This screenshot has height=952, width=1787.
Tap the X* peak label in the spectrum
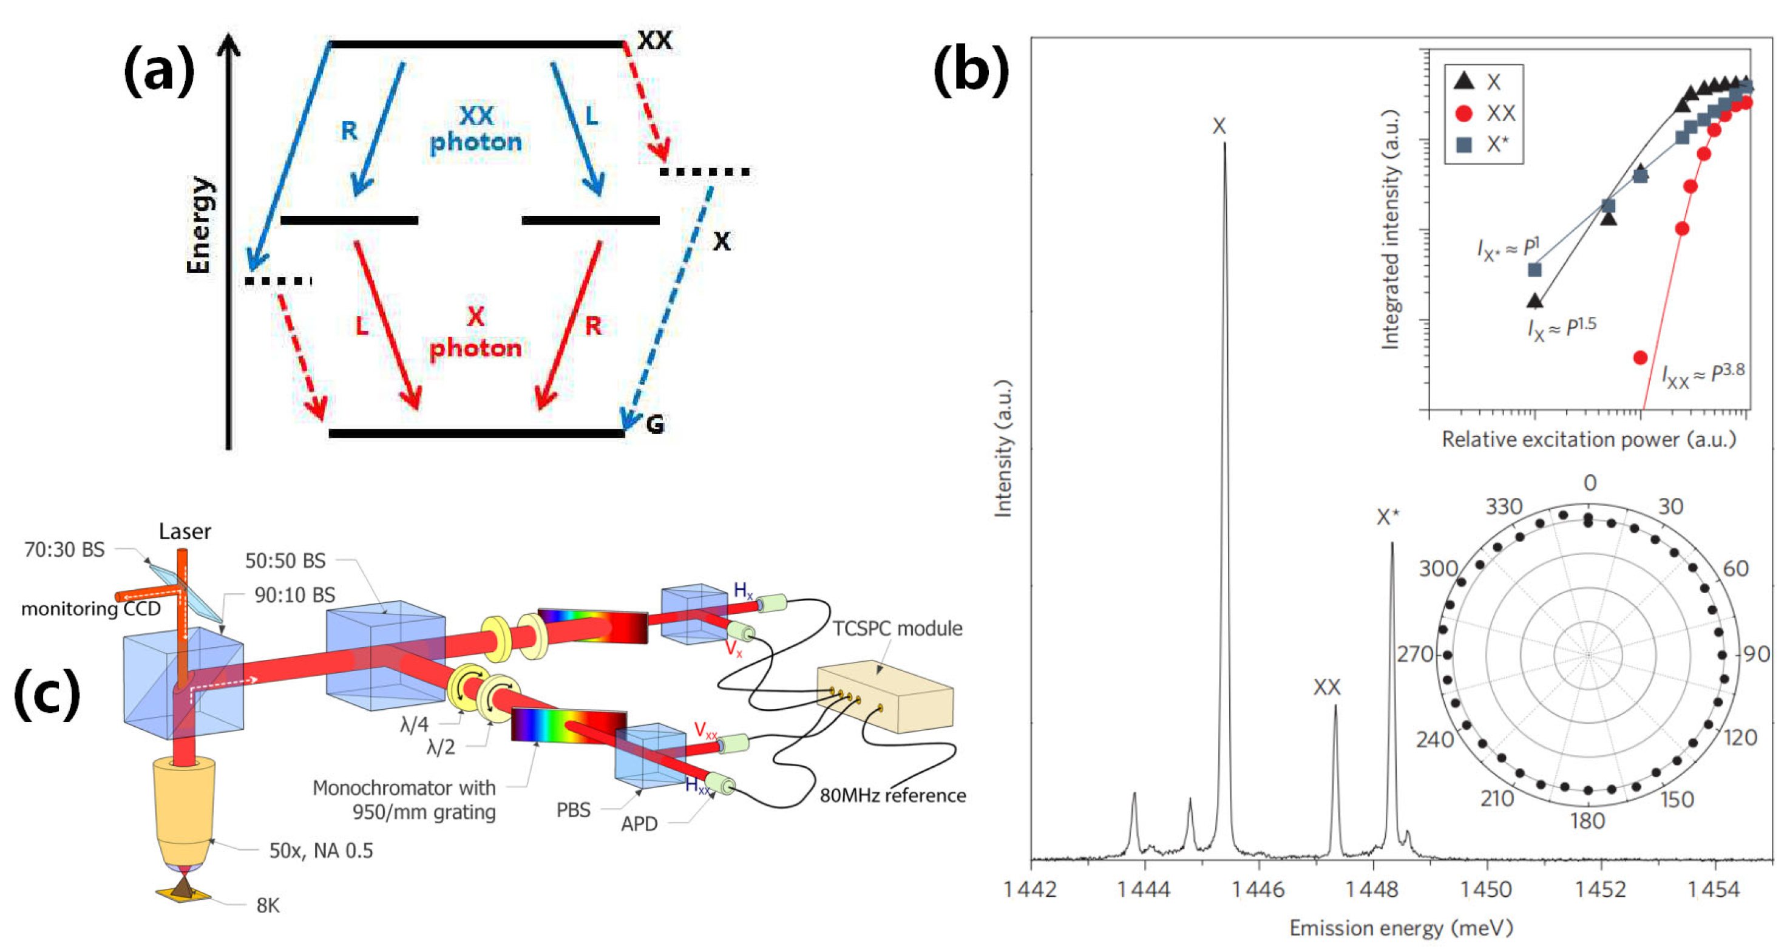click(1388, 517)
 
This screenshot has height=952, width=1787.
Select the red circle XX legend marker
click(1463, 113)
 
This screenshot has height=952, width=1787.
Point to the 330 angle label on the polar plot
click(1504, 506)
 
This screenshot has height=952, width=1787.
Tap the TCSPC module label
click(897, 628)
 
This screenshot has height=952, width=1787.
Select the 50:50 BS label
click(285, 560)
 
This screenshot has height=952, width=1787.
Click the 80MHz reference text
click(893, 795)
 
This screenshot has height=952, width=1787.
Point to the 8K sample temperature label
click(268, 905)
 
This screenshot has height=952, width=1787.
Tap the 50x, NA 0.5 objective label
click(320, 851)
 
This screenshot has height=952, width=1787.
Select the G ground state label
click(654, 423)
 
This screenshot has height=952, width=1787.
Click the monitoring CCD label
click(91, 608)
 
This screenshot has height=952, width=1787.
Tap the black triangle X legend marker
click(1463, 81)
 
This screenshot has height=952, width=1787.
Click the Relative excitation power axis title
click(1589, 439)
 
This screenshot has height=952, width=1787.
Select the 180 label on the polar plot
click(1588, 821)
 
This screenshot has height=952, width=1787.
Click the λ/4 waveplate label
click(414, 725)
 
